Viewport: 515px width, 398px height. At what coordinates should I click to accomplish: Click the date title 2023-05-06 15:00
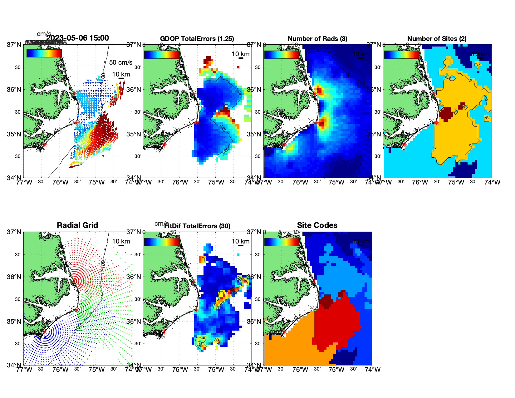tap(78, 38)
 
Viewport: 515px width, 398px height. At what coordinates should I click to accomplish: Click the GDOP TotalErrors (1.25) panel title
tap(197, 39)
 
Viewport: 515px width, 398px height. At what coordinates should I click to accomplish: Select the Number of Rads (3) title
tap(317, 39)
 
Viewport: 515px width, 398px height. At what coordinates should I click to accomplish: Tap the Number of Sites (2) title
tap(437, 39)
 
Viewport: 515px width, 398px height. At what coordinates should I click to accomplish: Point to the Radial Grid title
tap(77, 225)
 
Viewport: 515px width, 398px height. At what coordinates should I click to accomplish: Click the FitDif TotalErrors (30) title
tap(197, 226)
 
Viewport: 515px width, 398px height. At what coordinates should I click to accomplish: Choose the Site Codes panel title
tap(317, 225)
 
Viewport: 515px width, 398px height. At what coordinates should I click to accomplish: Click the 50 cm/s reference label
tap(120, 62)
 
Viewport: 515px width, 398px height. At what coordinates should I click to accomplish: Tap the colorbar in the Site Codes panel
tap(282, 242)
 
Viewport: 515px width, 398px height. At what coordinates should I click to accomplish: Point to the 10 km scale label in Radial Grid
tap(121, 241)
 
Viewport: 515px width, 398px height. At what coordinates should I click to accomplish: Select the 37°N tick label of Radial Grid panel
tap(14, 232)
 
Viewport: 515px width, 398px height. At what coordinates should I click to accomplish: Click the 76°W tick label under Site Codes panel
tap(300, 370)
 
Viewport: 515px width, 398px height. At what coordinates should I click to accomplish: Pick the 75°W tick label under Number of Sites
tap(456, 182)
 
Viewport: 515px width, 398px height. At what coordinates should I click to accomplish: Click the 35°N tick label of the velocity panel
tap(14, 134)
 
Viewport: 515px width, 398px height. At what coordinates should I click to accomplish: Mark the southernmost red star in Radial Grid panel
tap(44, 332)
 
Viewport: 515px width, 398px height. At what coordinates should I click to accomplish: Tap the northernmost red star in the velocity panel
tap(74, 93)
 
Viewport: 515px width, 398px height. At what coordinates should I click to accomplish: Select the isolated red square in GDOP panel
tap(238, 67)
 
